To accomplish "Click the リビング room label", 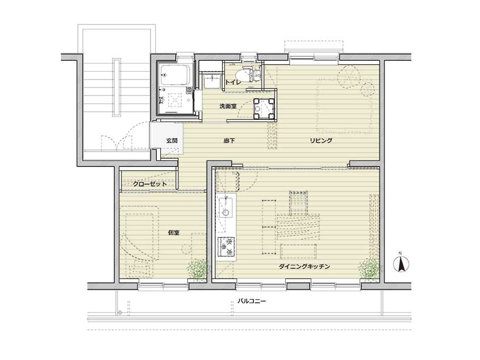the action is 321,141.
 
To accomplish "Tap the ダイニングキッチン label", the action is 304,266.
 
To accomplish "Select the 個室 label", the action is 174,233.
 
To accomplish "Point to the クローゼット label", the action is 150,184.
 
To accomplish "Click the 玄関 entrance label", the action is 172,141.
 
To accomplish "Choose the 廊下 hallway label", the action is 229,141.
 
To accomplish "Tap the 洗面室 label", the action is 228,106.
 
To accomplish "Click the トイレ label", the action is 233,82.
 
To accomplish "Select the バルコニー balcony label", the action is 252,301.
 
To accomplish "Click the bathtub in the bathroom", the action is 175,75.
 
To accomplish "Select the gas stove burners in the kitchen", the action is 226,247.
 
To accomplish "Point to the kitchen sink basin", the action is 226,208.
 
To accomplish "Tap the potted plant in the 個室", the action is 198,270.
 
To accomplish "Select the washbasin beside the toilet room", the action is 212,81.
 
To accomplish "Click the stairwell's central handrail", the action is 116,87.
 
